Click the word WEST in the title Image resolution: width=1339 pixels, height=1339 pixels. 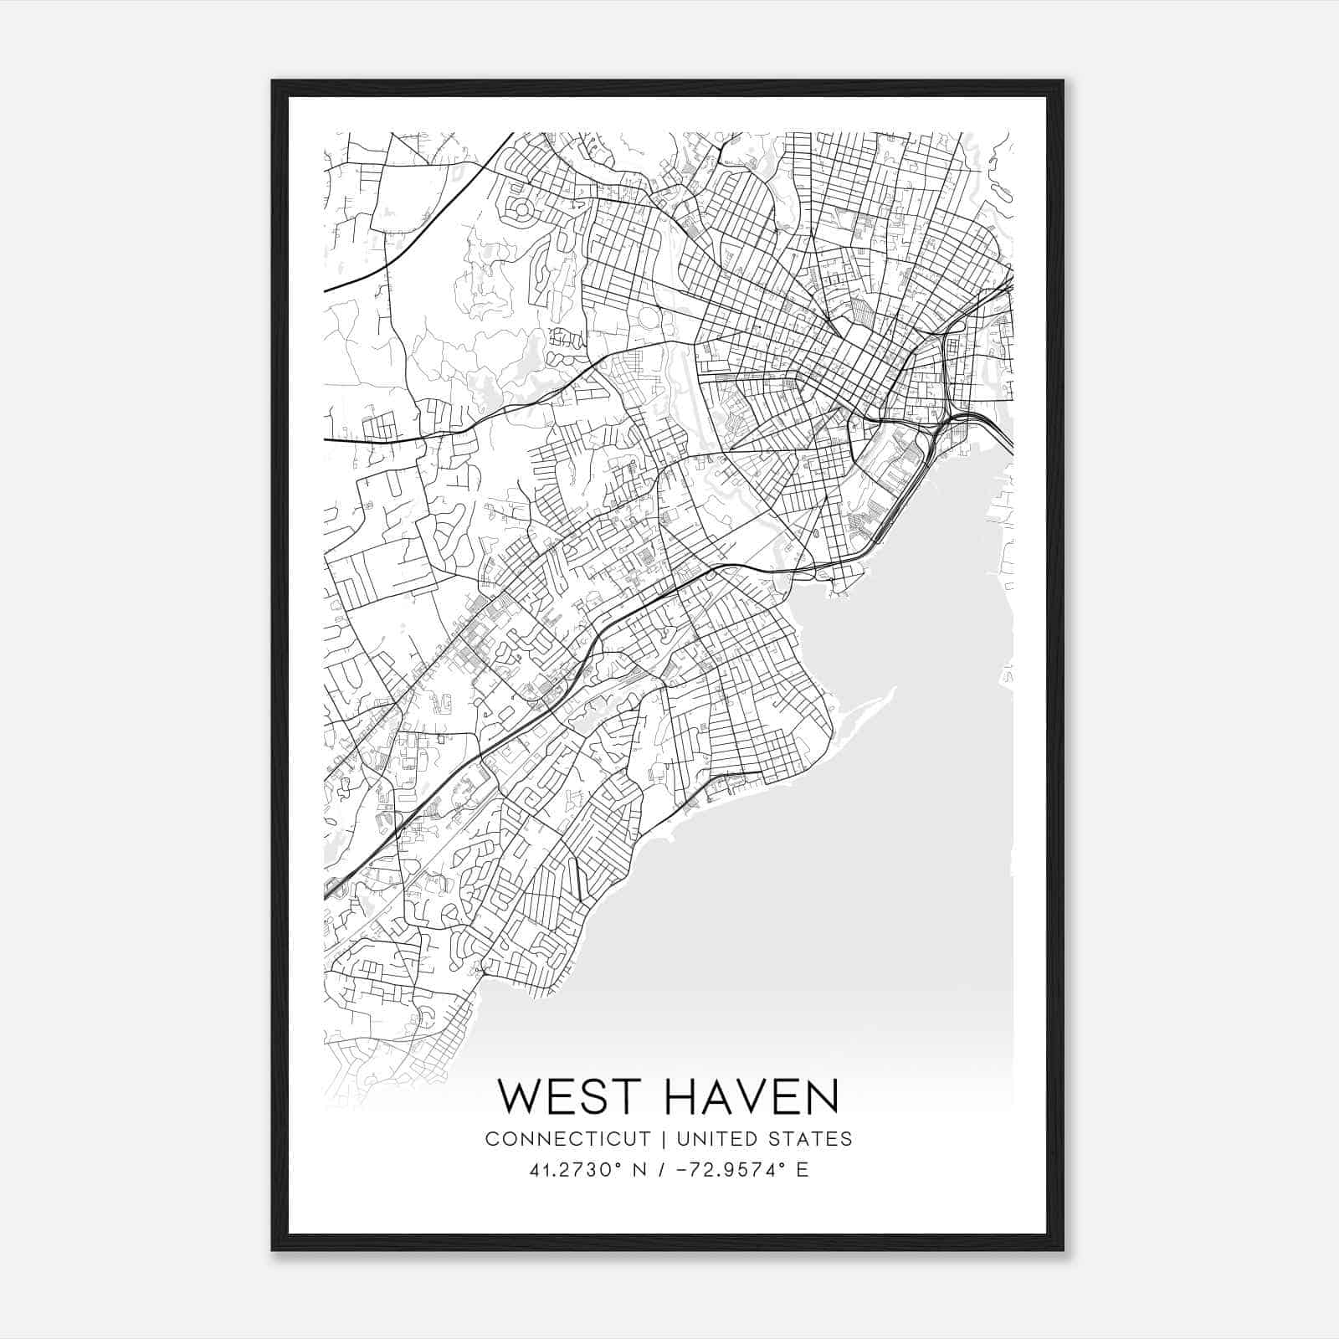[x=573, y=1097]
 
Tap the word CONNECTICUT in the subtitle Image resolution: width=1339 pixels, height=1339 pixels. [x=568, y=1139]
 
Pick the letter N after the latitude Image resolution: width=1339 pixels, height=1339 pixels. [x=642, y=1170]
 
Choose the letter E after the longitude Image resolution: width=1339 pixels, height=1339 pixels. [x=803, y=1170]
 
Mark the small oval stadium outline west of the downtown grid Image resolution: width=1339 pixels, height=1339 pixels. [x=648, y=319]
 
